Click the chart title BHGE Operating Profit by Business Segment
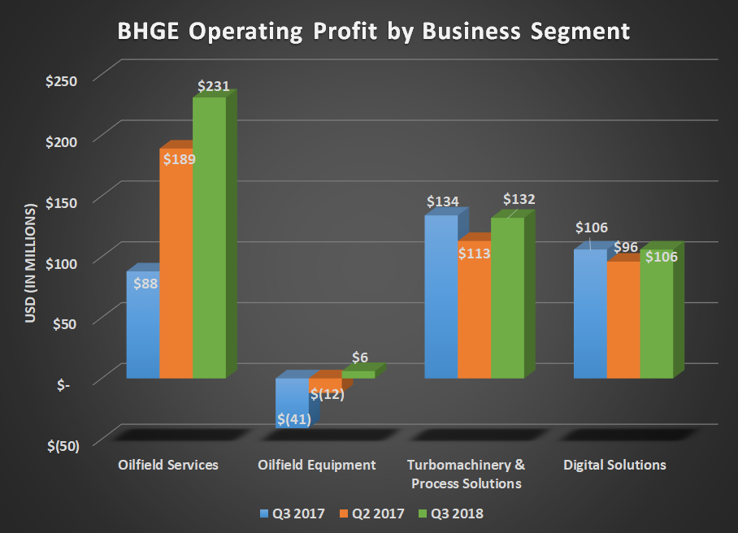tap(373, 31)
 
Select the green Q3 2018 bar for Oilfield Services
tap(209, 244)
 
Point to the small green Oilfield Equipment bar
tap(358, 375)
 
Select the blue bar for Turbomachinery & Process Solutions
tap(441, 301)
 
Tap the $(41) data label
tap(293, 419)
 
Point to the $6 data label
tap(360, 357)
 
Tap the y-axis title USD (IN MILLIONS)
tap(31, 262)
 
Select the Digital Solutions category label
tap(615, 466)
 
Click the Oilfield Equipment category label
tap(317, 466)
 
